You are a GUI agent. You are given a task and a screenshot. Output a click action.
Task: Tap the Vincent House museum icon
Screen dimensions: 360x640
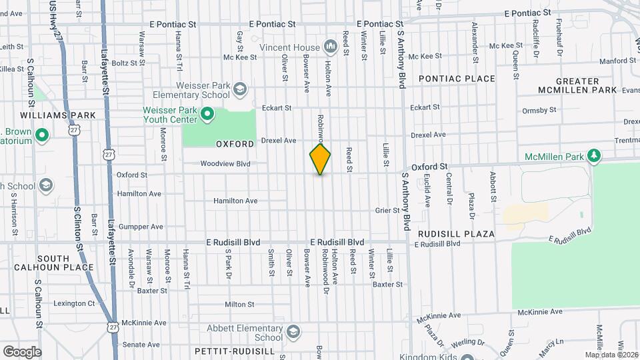tap(329, 46)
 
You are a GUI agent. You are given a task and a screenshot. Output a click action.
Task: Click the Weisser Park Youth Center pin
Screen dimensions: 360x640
tap(207, 114)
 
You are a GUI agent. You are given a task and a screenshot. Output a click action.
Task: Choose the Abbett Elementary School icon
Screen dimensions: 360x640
tap(293, 333)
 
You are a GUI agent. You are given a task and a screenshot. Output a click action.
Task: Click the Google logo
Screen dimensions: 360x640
tap(21, 352)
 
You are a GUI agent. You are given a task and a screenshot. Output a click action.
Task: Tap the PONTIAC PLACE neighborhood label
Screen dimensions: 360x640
tap(457, 79)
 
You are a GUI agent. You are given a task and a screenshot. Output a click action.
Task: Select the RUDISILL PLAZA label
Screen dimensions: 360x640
tap(456, 234)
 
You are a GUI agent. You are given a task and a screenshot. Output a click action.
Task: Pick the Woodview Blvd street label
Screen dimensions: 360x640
tap(225, 163)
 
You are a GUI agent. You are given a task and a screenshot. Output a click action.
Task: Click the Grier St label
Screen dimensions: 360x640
tap(387, 211)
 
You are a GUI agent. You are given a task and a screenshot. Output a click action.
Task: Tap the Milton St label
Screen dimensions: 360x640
tap(239, 304)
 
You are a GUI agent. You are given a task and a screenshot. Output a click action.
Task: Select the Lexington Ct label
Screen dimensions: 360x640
tap(73, 303)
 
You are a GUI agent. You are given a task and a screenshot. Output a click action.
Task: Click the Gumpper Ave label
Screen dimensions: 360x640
tap(141, 227)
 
